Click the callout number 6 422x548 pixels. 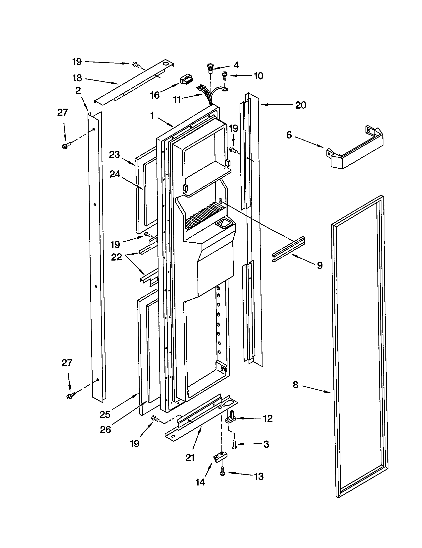pos(289,135)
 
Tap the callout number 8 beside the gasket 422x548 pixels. pos(296,385)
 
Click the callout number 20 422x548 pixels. pos(301,105)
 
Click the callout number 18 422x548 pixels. pos(77,78)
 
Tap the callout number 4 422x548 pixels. pos(236,65)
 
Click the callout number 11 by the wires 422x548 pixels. pos(177,100)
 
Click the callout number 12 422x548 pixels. pos(268,418)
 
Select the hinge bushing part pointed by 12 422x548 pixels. pos(231,417)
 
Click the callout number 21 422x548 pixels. pos(190,458)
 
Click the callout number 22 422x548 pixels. pos(116,257)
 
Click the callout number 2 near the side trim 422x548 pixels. pos(78,90)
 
